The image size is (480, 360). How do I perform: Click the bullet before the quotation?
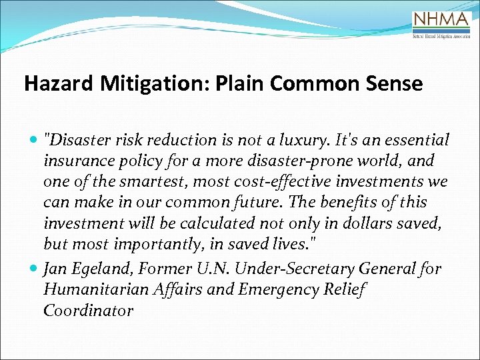(x=34, y=141)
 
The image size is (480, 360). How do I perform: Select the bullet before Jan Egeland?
(x=34, y=269)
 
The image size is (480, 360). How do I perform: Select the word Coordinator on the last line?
(x=88, y=310)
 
